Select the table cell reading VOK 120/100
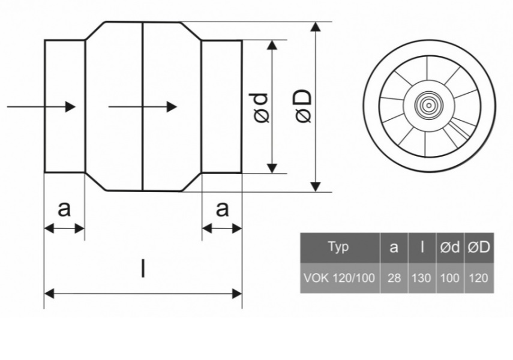tap(340, 278)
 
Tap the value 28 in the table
tap(394, 278)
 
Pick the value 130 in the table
tap(421, 278)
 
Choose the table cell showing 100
tap(450, 278)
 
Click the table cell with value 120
tap(479, 278)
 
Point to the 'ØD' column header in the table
tap(479, 247)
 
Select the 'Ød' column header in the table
tap(450, 247)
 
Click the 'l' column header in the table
tap(422, 247)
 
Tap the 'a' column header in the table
tap(394, 247)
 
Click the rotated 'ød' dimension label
tap(259, 108)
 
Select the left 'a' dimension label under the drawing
tap(64, 209)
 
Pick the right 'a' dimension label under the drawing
tap(222, 209)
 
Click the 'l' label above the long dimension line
tap(143, 268)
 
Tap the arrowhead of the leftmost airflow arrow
tap(70, 107)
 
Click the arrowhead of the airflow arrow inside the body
tap(172, 107)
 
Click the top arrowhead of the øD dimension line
tap(316, 27)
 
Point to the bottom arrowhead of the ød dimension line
tap(272, 168)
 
